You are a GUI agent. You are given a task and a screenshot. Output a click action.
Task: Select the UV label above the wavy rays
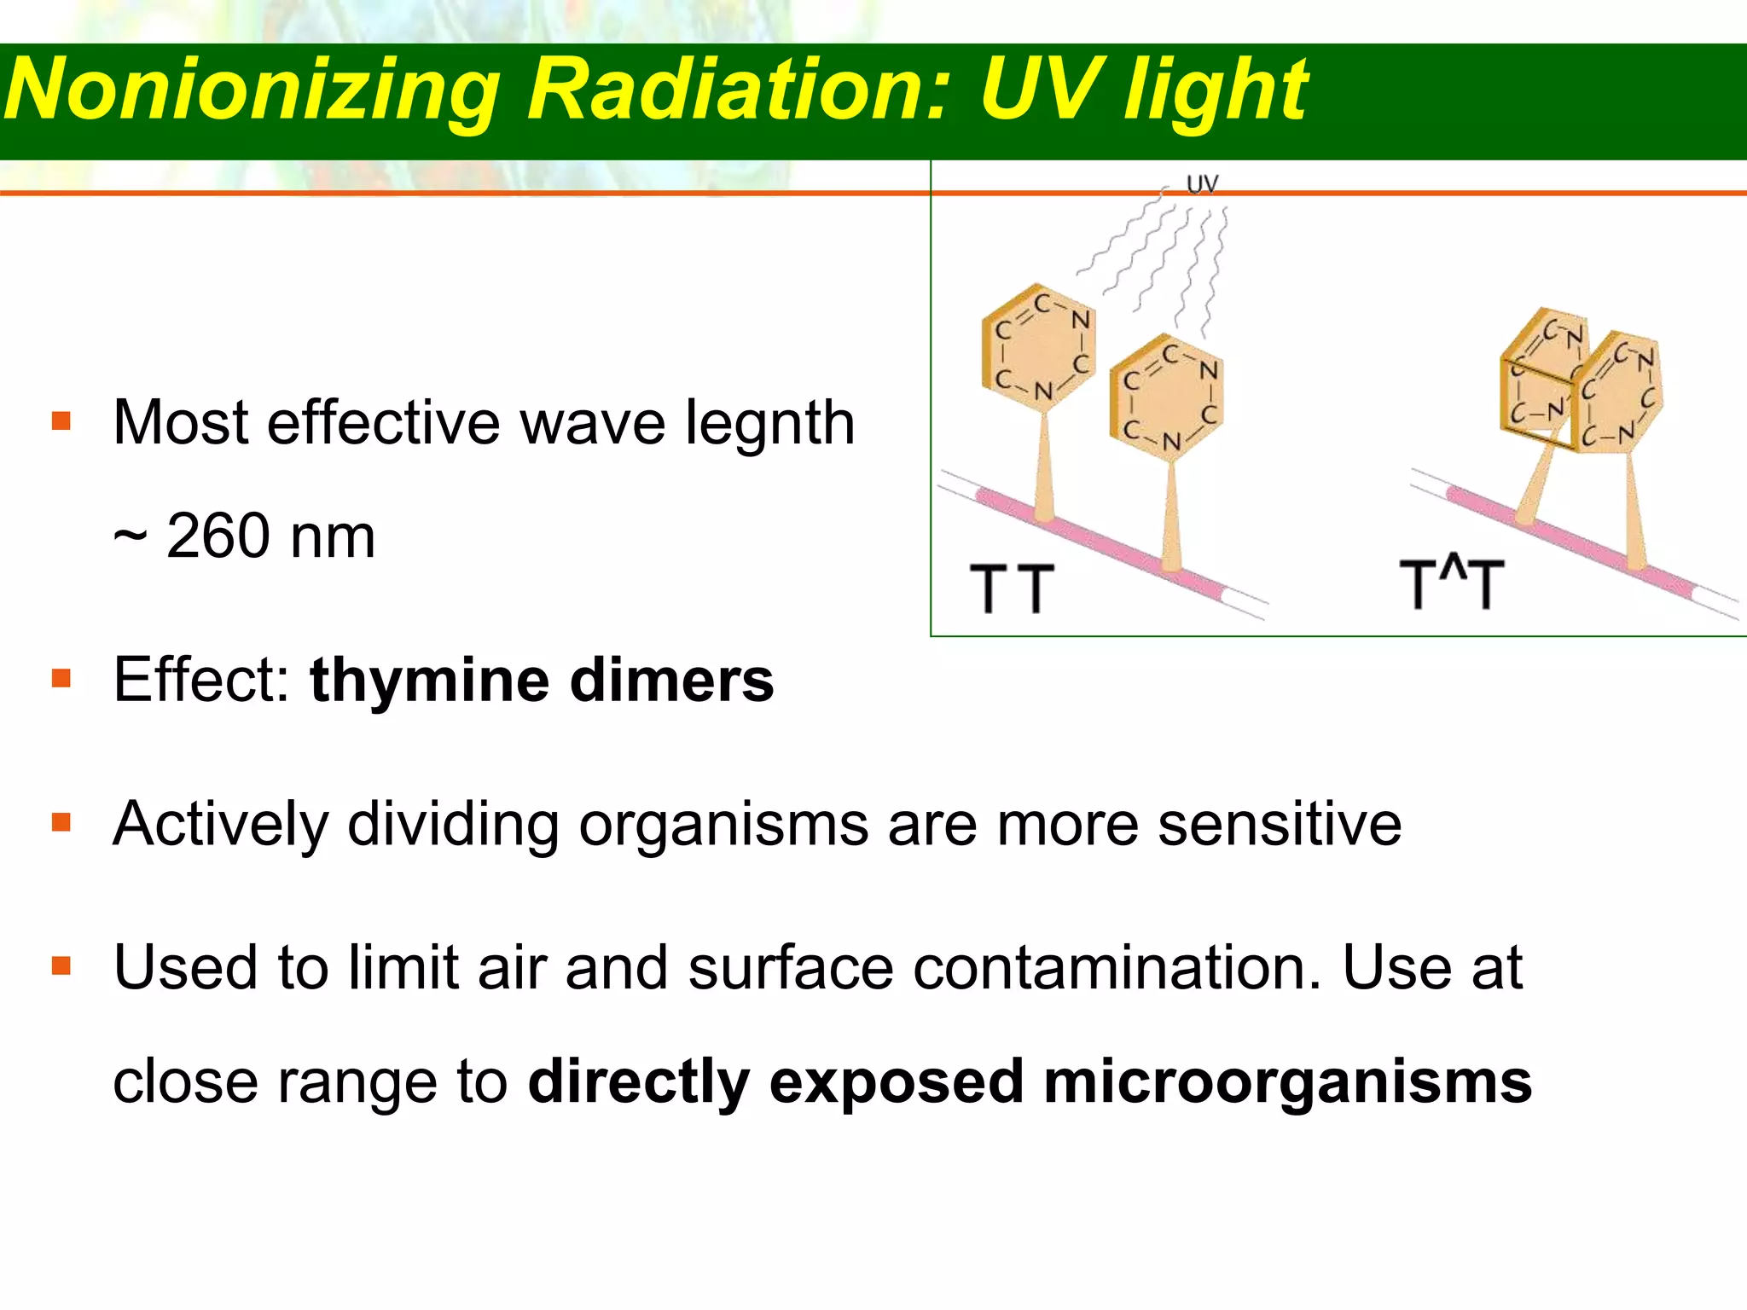click(1203, 183)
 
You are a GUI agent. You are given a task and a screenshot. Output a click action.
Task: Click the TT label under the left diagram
click(1013, 588)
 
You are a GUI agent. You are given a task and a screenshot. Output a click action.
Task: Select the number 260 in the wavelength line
click(218, 536)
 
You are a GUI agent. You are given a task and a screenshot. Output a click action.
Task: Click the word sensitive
click(1280, 825)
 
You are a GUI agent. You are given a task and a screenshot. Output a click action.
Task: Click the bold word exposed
click(896, 1082)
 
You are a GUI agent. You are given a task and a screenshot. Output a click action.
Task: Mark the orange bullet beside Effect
click(61, 679)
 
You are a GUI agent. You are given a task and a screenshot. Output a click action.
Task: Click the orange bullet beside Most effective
click(61, 421)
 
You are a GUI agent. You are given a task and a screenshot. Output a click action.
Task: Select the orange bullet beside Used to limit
click(61, 965)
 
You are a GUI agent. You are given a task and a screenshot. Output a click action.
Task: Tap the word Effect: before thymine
click(201, 681)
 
